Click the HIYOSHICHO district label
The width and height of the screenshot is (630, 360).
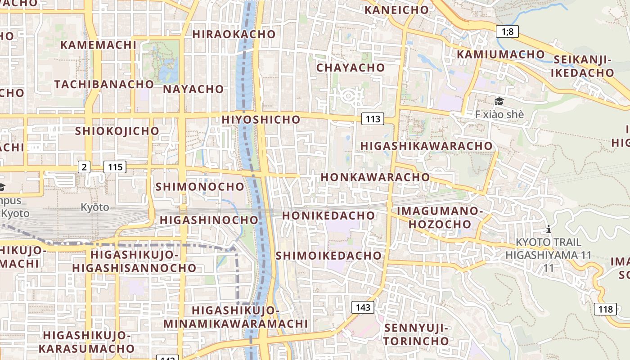pos(261,120)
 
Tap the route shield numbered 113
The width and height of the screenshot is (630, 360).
pos(373,119)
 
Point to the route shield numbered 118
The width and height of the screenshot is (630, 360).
pos(606,309)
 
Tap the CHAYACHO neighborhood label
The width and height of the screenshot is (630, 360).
pos(351,68)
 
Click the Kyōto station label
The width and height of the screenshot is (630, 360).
pos(95,207)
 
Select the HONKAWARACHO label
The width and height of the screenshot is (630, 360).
pos(375,177)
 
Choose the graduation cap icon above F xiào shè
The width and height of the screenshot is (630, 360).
pos(499,102)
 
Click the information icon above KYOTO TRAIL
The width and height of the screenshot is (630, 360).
pos(548,229)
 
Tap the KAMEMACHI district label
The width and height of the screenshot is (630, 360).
pos(98,45)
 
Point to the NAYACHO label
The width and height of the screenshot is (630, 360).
pos(193,89)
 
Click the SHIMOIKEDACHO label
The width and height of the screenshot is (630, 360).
pos(328,256)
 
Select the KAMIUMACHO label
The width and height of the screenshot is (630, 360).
pos(501,54)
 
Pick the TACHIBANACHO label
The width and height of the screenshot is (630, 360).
pos(104,84)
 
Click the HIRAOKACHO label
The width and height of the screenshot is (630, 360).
pos(234,34)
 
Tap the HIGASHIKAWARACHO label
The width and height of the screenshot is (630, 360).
pos(426,146)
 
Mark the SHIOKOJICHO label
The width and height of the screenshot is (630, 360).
pos(117,131)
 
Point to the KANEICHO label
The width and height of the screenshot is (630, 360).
pos(396,10)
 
